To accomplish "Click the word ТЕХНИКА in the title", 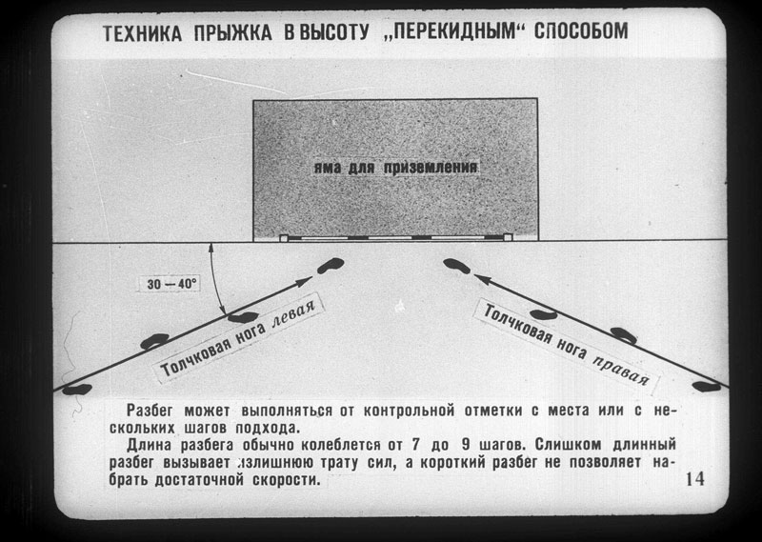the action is [x=142, y=33].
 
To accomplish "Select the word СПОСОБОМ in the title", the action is [x=581, y=31].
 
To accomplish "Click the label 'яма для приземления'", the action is [x=395, y=169].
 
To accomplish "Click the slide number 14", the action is [x=695, y=479].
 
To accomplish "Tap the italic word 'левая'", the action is [x=293, y=314].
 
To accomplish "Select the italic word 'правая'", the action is [x=622, y=370].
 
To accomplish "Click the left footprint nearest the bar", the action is [x=331, y=266].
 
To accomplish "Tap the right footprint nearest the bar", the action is [x=457, y=266].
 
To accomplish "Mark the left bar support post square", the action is [x=283, y=238].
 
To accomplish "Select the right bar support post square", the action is [x=508, y=237].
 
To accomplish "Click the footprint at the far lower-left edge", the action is [x=77, y=390].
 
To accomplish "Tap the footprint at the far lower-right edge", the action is [x=707, y=387].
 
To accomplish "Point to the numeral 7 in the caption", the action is [x=414, y=445].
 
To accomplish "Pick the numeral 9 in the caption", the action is [x=469, y=445].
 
